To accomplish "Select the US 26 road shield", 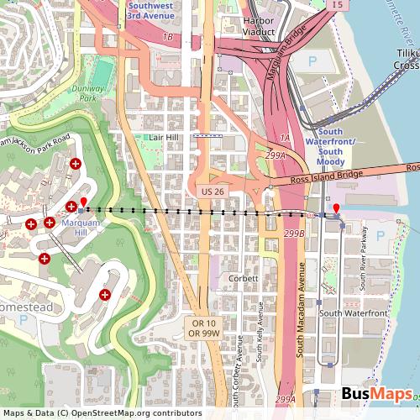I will pyautogui.click(x=211, y=192).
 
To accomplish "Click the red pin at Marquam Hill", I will pyautogui.click(x=82, y=202).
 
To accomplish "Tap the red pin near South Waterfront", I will pyautogui.click(x=337, y=209).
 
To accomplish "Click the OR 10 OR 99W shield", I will pyautogui.click(x=204, y=328).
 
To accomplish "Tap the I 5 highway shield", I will pyautogui.click(x=338, y=5).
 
